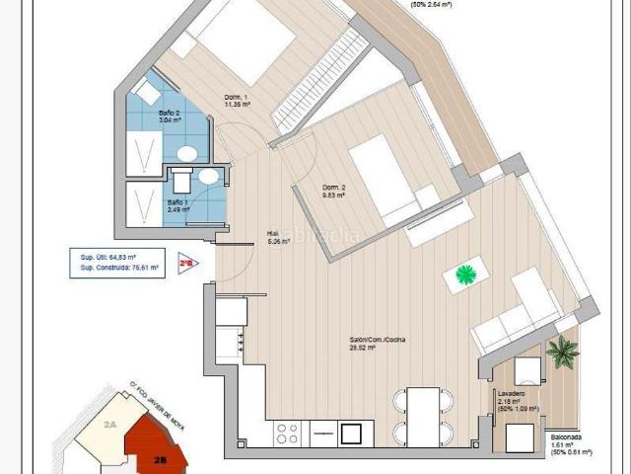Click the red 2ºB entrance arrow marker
click(185, 264)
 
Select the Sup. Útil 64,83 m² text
click(107, 256)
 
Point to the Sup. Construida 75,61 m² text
click(114, 266)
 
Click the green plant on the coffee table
click(464, 274)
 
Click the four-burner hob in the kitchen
click(288, 433)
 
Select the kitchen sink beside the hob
click(350, 433)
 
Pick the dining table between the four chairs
click(424, 416)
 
